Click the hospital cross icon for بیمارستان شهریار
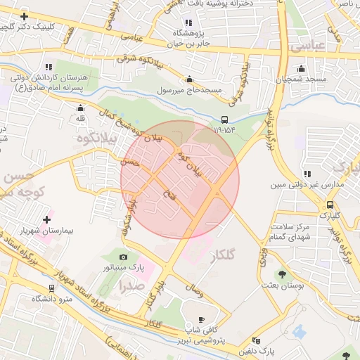[x=47, y=220]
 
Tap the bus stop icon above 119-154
[x=224, y=119]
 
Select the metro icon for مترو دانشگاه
[x=52, y=288]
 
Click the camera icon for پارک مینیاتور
[x=124, y=257]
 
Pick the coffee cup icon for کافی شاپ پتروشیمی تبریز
[x=202, y=320]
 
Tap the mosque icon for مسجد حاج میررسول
[x=189, y=79]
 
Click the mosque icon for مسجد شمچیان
[x=302, y=69]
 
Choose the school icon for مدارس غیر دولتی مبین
[x=307, y=173]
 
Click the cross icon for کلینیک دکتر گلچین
[x=25, y=15]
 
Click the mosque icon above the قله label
[x=80, y=108]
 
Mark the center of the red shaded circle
[x=180, y=179]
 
